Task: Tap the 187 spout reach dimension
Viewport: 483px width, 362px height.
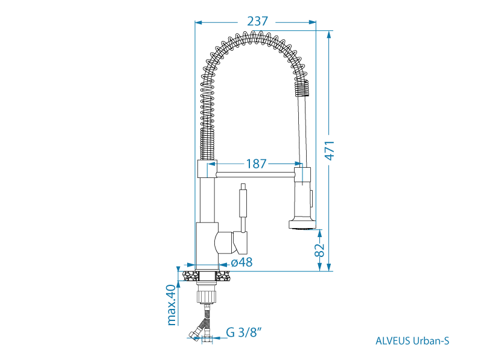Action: (x=257, y=164)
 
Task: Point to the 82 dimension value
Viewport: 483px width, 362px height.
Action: (x=321, y=250)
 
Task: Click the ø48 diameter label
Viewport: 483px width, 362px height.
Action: (x=242, y=262)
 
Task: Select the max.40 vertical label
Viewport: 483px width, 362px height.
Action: (x=171, y=305)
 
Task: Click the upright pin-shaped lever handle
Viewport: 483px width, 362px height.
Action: (x=243, y=204)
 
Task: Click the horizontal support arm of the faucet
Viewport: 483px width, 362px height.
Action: (x=254, y=174)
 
